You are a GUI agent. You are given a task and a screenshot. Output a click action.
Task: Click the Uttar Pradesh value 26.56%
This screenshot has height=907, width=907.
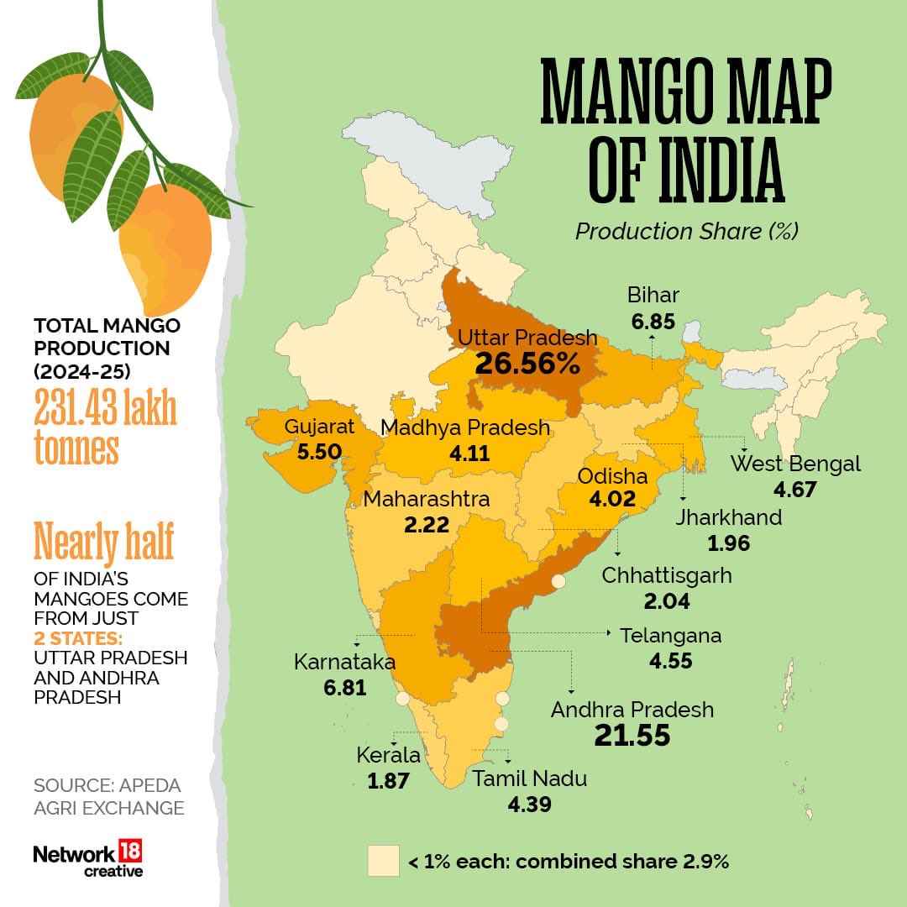point(527,363)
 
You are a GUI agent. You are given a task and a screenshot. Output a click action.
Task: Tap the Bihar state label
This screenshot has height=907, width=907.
point(653,295)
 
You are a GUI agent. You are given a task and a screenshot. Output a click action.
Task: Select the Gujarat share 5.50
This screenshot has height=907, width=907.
point(318,451)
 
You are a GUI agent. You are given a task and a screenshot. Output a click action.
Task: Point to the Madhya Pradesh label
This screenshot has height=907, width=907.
point(465,427)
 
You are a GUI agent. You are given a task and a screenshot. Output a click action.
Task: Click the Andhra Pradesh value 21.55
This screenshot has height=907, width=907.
point(632,736)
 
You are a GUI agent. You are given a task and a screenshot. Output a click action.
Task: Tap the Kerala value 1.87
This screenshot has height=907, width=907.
point(388,780)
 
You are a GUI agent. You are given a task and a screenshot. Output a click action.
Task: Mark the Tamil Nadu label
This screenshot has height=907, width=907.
point(529,779)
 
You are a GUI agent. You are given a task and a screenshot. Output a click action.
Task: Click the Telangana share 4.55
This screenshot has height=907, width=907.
point(670,660)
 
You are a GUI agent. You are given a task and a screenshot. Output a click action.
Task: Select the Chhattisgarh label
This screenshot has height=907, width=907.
point(667,576)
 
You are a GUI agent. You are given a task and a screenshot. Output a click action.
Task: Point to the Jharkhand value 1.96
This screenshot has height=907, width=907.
point(728,543)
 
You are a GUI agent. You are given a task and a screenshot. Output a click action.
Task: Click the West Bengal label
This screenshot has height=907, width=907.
point(794,464)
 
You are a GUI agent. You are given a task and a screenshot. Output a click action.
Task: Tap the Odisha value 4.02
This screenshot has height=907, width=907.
point(612,501)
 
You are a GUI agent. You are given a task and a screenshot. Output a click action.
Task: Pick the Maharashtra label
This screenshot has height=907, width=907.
point(426,500)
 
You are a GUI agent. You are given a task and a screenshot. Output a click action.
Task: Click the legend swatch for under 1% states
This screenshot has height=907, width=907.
point(382,861)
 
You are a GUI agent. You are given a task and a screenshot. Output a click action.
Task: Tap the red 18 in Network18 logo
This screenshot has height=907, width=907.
point(130,852)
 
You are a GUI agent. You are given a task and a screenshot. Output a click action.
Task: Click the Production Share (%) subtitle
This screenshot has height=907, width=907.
point(686,231)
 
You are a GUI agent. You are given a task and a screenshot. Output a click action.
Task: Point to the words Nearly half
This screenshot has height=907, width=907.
point(103,543)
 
